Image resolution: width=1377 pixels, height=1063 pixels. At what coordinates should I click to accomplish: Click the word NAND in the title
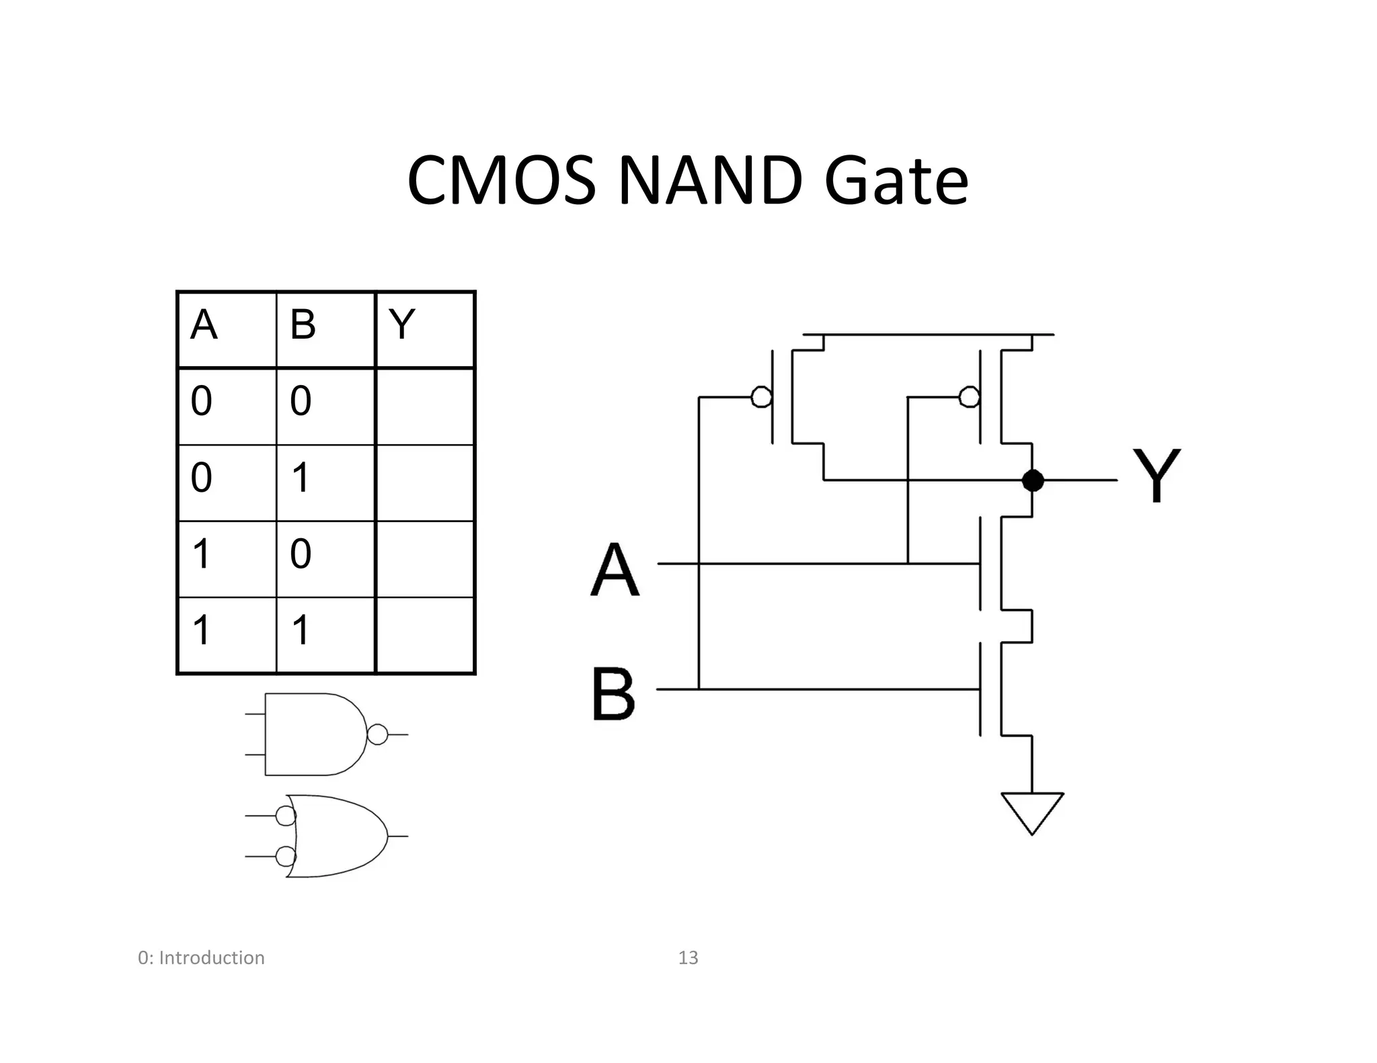click(709, 181)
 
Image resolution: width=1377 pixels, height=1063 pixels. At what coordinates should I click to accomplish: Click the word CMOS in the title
click(501, 181)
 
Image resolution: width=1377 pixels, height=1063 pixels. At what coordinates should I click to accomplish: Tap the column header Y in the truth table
click(401, 325)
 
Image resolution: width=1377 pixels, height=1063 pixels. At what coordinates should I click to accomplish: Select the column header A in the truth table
click(204, 325)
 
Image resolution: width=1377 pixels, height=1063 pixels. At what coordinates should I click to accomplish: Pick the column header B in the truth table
click(303, 325)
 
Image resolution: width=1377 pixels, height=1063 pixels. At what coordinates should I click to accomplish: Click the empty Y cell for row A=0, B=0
click(425, 406)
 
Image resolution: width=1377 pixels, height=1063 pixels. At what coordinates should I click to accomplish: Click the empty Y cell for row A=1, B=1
click(425, 635)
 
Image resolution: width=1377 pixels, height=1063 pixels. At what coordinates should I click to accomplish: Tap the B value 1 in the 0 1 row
click(300, 478)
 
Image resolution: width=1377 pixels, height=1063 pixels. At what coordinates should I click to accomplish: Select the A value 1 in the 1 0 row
click(201, 554)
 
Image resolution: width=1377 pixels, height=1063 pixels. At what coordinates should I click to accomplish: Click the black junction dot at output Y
click(1032, 480)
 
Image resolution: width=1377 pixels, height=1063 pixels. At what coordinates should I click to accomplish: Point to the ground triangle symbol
click(1032, 810)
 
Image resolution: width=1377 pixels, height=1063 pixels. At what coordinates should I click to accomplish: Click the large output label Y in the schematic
click(1156, 476)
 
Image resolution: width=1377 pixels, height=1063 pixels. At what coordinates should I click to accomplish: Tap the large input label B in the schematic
click(613, 693)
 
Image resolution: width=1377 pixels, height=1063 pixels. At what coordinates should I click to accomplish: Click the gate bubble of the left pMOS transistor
click(761, 397)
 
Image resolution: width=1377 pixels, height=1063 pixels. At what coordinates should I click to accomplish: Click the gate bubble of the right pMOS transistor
click(969, 397)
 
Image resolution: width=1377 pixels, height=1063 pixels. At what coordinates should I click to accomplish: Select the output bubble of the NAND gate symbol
click(377, 734)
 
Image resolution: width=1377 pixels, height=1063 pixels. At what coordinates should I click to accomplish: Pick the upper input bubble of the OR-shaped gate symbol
click(286, 816)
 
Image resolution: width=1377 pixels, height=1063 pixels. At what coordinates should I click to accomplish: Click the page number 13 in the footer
click(688, 958)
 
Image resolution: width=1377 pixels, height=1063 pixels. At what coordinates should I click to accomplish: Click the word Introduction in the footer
click(211, 958)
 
